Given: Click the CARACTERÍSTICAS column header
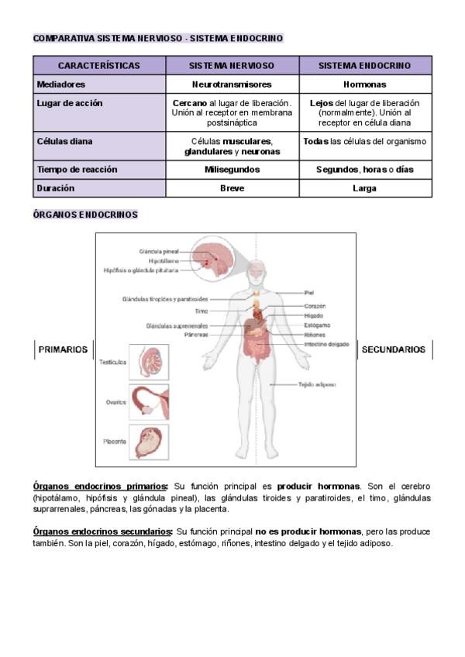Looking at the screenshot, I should tap(98, 66).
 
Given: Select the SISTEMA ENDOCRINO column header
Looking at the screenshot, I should tap(365, 66).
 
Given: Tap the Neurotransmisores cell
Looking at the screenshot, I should tap(232, 84).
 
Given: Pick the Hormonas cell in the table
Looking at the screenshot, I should tap(364, 84).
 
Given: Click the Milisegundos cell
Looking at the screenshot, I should tap(232, 169).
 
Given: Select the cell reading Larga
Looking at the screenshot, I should tap(364, 187).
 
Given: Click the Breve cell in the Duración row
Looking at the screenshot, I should tap(232, 187).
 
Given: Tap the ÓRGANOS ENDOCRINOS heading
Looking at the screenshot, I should tap(85, 215).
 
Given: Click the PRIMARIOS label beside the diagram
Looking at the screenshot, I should tap(63, 349).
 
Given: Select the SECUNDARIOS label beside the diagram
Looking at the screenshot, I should tap(394, 349).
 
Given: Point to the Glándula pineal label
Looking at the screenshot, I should tap(159, 252).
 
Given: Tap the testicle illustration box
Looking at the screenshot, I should tap(148, 362).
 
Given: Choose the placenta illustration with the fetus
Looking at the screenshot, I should tap(148, 442).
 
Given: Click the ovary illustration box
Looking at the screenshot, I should tap(148, 402).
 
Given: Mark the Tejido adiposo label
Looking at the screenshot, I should tap(317, 384).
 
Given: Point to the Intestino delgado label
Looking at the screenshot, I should tap(326, 344).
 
